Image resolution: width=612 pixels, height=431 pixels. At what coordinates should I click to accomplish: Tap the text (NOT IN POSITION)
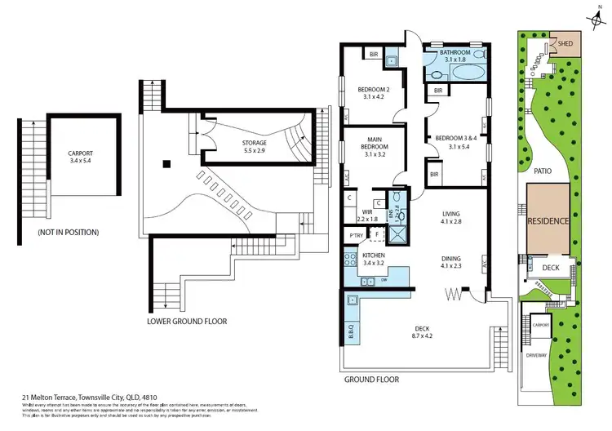tap(69, 233)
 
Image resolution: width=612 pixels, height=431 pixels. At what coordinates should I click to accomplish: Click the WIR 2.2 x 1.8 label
tap(367, 215)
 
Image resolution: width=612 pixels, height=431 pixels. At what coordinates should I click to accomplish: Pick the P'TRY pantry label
tap(356, 236)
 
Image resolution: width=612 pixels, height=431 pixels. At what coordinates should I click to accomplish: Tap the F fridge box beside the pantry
tap(377, 236)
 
